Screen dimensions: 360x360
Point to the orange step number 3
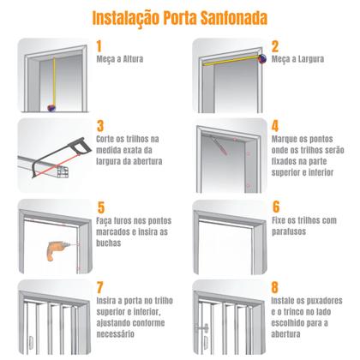(100, 125)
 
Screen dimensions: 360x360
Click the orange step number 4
(276, 125)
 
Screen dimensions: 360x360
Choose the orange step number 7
(100, 288)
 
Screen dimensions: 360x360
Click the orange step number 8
(276, 288)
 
